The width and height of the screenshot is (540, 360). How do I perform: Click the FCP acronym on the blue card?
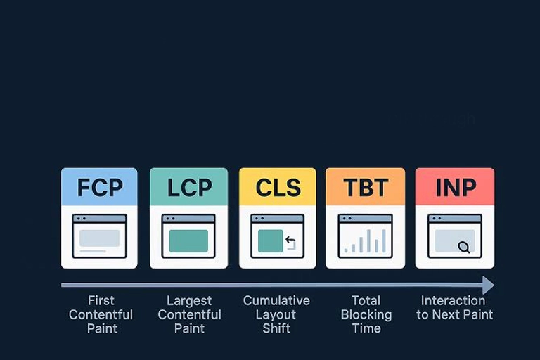coord(100,188)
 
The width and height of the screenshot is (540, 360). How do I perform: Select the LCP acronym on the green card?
coord(189,188)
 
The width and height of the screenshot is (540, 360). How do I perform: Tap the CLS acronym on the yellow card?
coord(278,188)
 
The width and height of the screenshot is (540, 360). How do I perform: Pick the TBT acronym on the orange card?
coord(366,188)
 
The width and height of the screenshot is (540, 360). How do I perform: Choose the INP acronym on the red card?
coord(456,188)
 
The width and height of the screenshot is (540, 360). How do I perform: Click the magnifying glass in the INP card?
coord(464,247)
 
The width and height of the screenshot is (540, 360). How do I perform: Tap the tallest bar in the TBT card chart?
coord(368,241)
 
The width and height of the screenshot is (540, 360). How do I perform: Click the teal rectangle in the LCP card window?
coord(188,240)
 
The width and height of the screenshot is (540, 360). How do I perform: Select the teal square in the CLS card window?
coord(270,240)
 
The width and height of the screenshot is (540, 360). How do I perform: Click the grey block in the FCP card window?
coord(100,238)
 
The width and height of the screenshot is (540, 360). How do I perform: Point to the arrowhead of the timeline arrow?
coord(489,285)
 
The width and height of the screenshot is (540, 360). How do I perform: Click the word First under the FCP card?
coord(101,301)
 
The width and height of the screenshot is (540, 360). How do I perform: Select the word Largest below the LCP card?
coord(189,301)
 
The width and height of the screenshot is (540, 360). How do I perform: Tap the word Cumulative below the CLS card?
coord(276,301)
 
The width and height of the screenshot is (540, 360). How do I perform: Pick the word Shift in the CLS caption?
coord(276,328)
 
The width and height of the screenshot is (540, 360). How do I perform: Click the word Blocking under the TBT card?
coord(366,315)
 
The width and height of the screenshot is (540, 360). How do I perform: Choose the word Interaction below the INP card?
coord(454,301)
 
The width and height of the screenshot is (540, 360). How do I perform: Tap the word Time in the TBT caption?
coord(366,328)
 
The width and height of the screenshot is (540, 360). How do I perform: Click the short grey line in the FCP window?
coord(93,251)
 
